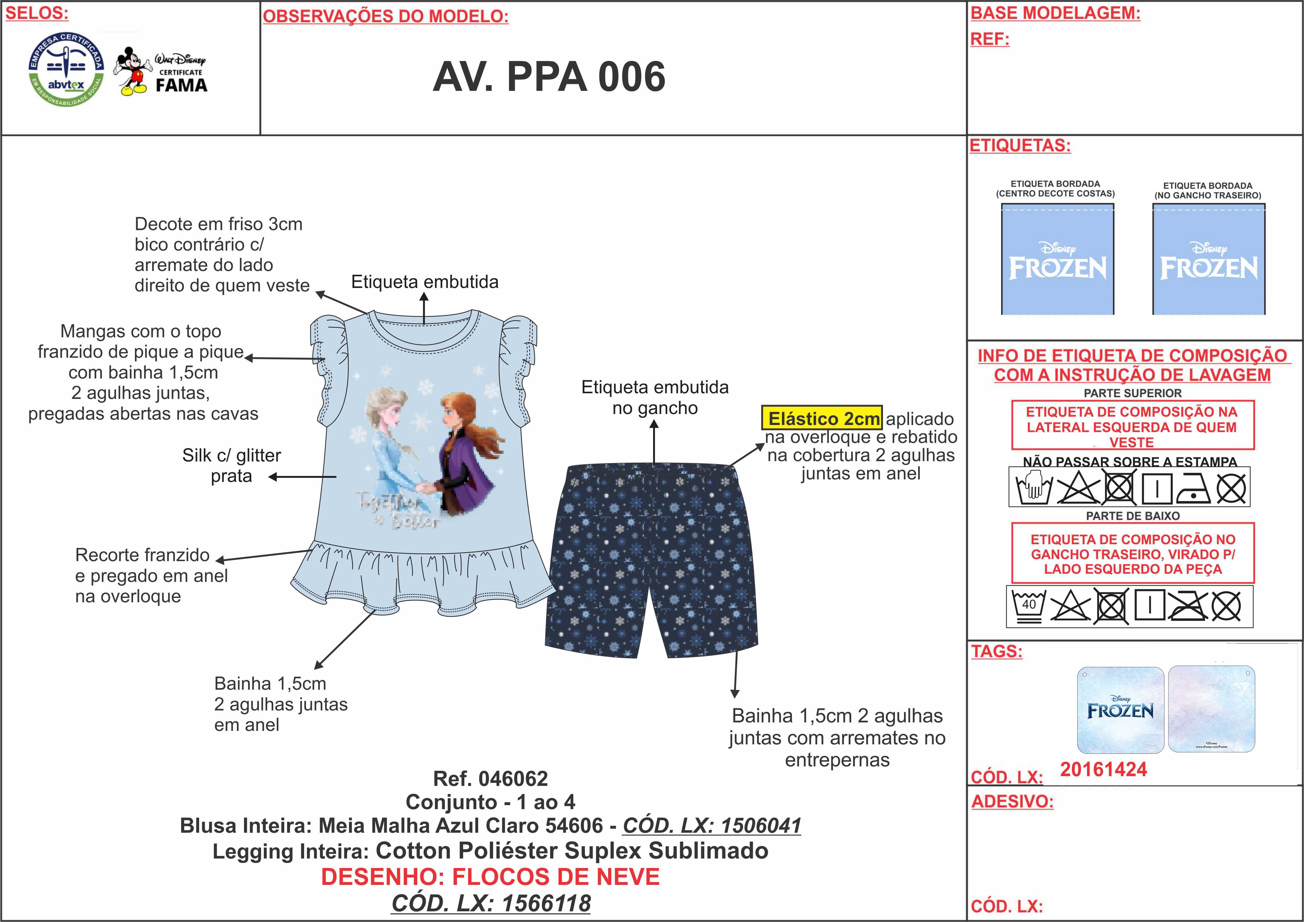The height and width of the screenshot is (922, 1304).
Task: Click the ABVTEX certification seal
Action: click(66, 69)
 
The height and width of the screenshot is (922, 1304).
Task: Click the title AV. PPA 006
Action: click(549, 77)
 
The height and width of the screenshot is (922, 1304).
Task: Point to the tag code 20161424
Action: click(1103, 769)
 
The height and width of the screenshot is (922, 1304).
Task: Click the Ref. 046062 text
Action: click(490, 778)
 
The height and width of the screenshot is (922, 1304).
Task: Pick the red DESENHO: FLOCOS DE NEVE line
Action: click(490, 877)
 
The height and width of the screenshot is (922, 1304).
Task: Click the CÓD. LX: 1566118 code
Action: click(491, 903)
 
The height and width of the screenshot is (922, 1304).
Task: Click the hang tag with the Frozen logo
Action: click(1120, 710)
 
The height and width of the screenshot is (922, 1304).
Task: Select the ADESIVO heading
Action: click(1012, 802)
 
